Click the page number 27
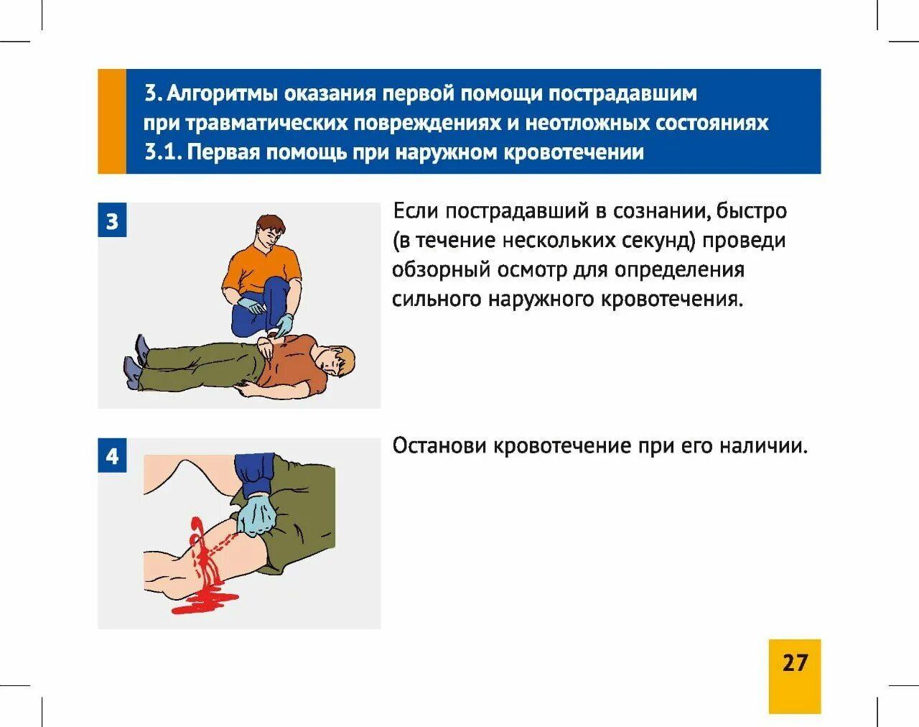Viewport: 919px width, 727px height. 796,663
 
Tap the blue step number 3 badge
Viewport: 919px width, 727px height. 112,220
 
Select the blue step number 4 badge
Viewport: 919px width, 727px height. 112,455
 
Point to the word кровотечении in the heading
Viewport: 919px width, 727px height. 574,152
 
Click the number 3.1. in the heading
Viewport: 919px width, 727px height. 164,152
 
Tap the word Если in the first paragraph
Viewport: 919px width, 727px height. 416,210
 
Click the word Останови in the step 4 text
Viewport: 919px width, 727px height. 440,446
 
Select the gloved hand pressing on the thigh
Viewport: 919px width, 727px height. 256,515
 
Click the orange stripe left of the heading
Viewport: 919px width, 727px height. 112,121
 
